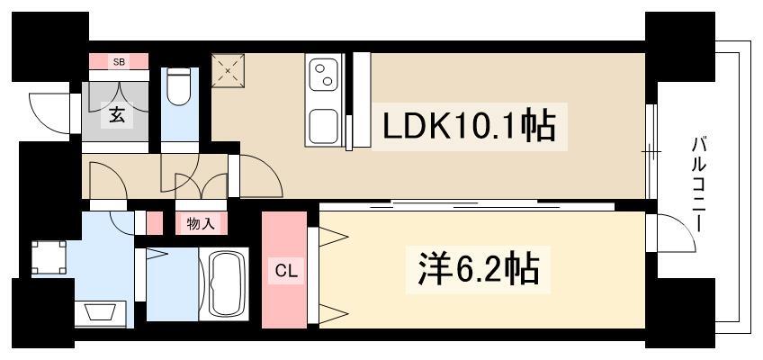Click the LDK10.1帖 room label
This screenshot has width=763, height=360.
pos(470,127)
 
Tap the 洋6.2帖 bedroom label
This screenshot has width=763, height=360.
pos(479,269)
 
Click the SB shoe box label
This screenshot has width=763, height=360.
pos(119,62)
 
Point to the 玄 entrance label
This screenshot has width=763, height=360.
pos(117,116)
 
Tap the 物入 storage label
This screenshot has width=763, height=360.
pos(201,224)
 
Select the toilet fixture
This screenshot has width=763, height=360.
pos(179,86)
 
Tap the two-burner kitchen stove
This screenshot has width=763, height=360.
pos(324,74)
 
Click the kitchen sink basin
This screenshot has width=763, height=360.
pos(324,125)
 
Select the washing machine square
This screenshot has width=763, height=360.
pos(49,257)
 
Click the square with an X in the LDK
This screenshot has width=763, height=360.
pos(228,70)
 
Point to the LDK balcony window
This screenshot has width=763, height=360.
pos(651,151)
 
